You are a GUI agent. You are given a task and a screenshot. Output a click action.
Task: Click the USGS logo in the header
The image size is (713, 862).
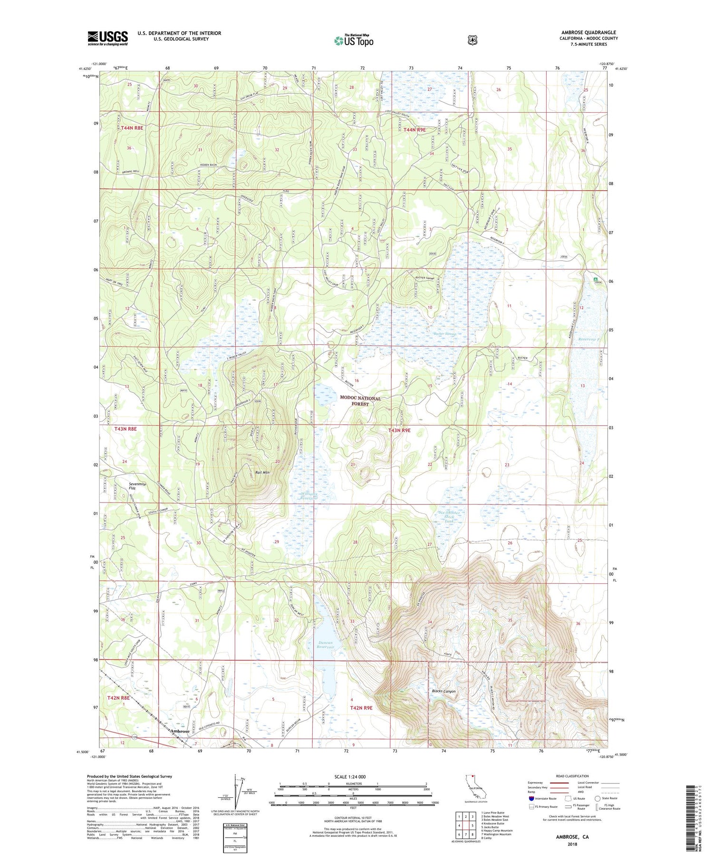pyautogui.click(x=107, y=38)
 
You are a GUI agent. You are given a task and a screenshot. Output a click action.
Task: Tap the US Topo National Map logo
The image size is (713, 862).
pyautogui.click(x=354, y=40)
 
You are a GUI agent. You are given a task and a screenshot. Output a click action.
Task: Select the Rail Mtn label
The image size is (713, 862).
pyautogui.click(x=262, y=472)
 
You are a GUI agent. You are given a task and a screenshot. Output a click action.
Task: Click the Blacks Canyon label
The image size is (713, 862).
pyautogui.click(x=443, y=691)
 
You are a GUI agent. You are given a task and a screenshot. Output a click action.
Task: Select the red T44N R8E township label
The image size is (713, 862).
pyautogui.click(x=132, y=128)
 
